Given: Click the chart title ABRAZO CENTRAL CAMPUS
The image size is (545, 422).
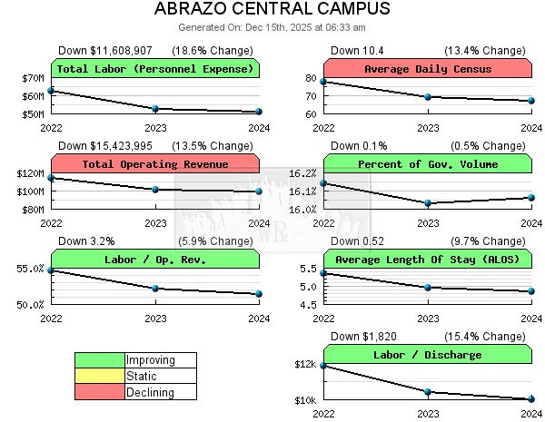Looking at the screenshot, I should point(272,10).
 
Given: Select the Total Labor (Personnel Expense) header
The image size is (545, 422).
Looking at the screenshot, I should point(155,69).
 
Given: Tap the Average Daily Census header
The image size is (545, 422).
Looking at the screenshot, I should point(428,69).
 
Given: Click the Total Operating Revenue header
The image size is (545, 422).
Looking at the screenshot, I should point(155,164).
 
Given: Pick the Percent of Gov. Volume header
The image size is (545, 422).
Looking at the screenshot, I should point(428,164).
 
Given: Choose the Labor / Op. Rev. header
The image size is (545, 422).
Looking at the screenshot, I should point(155,260).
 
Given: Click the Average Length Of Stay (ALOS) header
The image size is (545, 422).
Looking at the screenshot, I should point(428,260).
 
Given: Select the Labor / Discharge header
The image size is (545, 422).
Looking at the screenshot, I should point(428,355).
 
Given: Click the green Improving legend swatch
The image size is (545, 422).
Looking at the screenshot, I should point(100,360).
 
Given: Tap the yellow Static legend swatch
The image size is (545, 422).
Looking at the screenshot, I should point(100,376).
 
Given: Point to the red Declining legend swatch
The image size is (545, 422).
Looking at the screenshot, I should point(100,392).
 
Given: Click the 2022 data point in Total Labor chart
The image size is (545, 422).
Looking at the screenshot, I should point(52,91).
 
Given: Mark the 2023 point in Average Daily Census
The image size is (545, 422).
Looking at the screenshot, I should point(428,96).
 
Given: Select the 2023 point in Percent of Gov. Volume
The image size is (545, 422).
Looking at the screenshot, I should point(428,203).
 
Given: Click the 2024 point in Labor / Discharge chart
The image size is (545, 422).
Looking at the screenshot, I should point(531,399).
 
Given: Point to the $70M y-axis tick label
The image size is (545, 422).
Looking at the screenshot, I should point(33,78).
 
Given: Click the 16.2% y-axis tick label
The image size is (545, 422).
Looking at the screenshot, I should point(302,173).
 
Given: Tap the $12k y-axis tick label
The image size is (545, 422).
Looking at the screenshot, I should point(304,365).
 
